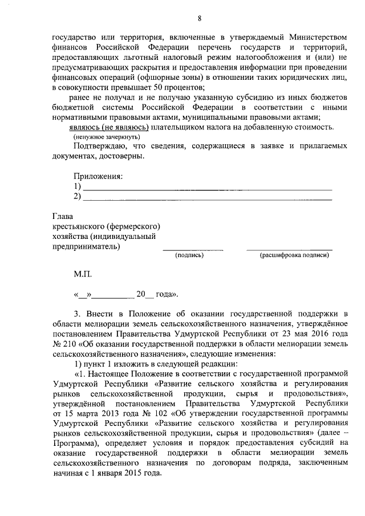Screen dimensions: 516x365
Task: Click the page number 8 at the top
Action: pyautogui.click(x=182, y=9)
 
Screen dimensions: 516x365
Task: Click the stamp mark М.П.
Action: pyautogui.click(x=82, y=275)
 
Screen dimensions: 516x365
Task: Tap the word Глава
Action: pyautogui.click(x=62, y=216)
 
